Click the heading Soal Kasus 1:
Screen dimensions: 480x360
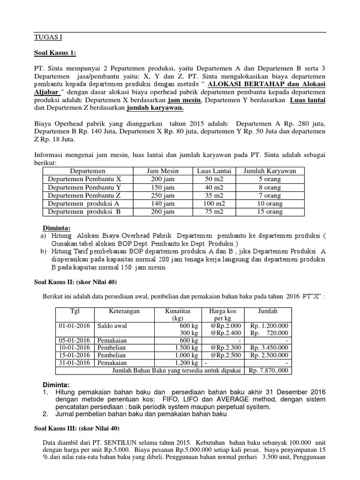click(55, 53)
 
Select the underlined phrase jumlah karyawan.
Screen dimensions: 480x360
click(155, 108)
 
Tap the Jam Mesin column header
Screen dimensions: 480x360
click(163, 171)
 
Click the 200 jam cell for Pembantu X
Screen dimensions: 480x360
click(163, 179)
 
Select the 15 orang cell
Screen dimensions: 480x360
click(270, 212)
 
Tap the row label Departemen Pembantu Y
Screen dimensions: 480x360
click(84, 187)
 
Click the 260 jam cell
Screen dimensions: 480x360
click(163, 212)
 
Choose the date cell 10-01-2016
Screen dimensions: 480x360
click(75, 347)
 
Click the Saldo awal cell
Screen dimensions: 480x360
click(112, 325)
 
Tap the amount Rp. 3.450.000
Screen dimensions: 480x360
click(269, 347)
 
